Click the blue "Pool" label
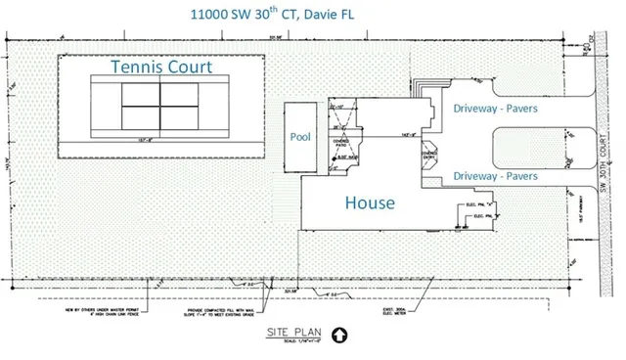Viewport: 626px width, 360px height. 299,138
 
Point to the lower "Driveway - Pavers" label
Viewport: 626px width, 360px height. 495,176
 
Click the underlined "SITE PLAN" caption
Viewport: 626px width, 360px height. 285,333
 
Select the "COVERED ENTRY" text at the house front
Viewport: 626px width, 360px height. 428,155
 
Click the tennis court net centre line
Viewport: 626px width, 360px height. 159,101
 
